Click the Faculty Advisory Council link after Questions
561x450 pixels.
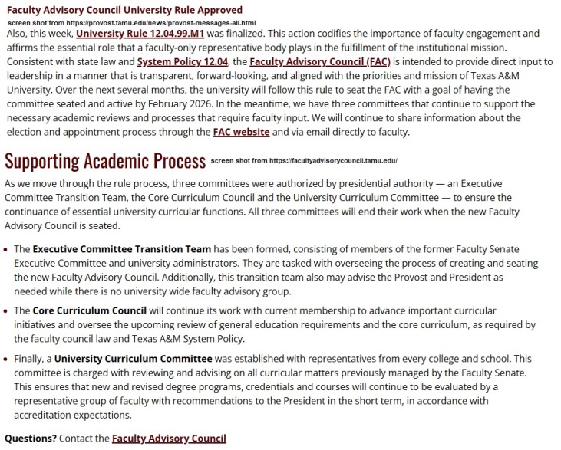(169, 439)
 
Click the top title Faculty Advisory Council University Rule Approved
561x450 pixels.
(124, 10)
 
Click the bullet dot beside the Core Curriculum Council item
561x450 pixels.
(7, 312)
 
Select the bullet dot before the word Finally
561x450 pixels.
(7, 359)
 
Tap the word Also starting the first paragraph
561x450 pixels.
(18, 34)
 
